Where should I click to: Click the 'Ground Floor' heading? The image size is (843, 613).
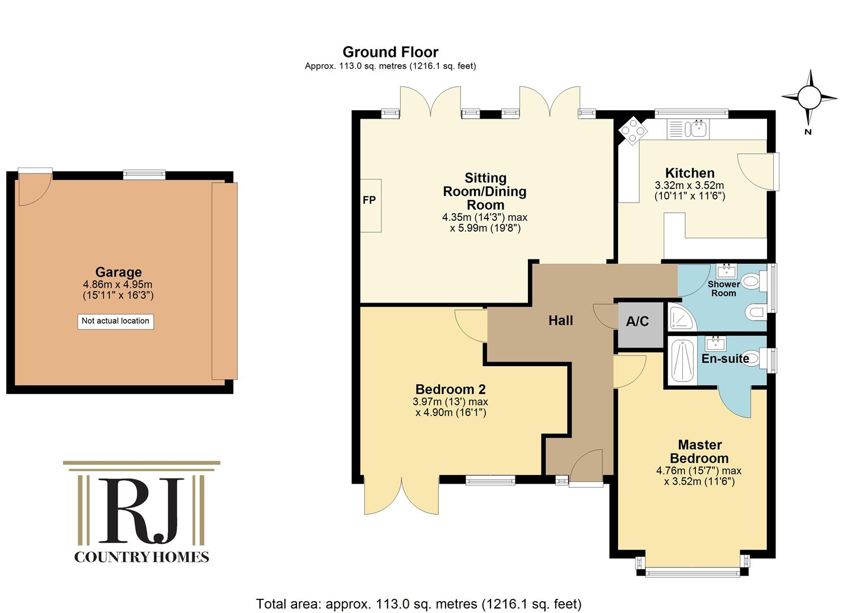(390, 52)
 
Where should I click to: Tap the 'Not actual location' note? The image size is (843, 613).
(116, 321)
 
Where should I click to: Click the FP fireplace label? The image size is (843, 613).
(369, 200)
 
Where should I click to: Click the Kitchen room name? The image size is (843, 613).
(690, 173)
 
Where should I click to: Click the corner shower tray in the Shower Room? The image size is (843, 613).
(682, 317)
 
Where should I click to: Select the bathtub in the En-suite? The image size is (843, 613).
(682, 360)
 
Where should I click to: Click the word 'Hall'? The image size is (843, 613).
(560, 321)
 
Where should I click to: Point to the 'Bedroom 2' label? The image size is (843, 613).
(451, 389)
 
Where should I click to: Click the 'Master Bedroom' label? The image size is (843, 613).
(699, 452)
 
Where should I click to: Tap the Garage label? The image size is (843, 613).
(119, 272)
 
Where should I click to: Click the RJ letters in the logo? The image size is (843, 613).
(142, 510)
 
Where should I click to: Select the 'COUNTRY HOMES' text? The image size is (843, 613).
(141, 557)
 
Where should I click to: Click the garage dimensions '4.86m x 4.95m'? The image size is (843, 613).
(118, 284)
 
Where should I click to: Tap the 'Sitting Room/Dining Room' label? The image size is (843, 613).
(485, 191)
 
